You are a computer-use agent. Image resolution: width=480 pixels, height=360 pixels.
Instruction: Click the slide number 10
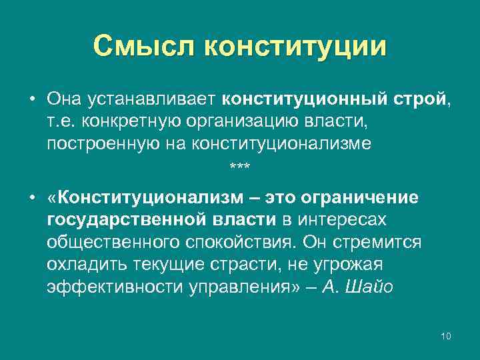tap(446, 335)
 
